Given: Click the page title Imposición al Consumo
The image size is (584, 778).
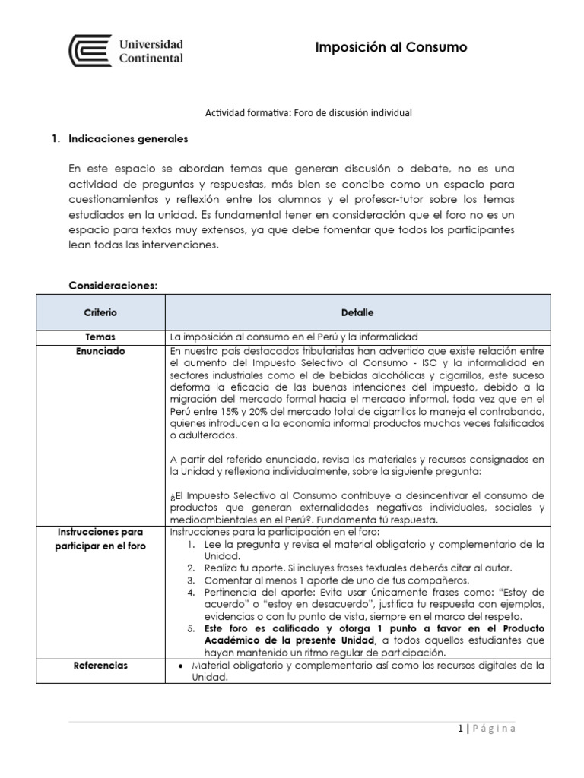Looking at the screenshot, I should (x=391, y=48).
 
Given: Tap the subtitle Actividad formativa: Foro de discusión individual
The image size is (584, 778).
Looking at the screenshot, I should (x=309, y=112).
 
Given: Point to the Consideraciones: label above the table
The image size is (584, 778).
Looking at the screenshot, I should (x=113, y=286).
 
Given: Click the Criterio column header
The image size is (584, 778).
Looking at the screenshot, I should (x=100, y=312).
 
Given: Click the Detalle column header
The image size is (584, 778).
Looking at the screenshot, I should (x=357, y=312).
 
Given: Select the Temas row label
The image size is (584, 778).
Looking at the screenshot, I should (x=100, y=337).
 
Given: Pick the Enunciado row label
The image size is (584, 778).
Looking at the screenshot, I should (x=100, y=351).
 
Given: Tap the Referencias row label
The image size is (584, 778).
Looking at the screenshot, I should (x=100, y=666).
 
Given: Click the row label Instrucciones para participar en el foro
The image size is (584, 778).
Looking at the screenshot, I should (x=100, y=539).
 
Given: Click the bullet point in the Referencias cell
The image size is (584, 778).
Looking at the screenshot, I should (x=176, y=666).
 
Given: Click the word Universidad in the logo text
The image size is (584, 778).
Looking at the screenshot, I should (x=151, y=44).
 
